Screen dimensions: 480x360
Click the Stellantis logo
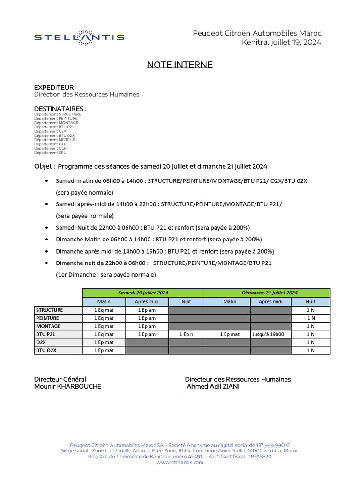coord(79,37)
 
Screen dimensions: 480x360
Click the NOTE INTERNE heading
coord(180,65)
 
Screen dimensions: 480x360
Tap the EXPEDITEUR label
coord(54,88)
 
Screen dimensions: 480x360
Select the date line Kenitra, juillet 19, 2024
coord(282,42)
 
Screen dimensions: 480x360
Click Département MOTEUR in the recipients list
coord(54,140)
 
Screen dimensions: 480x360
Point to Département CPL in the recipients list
coord(50,153)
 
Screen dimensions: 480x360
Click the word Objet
coord(45,166)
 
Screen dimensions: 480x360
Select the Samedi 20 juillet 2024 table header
coord(143,292)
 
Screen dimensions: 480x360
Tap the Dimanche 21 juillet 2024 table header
coord(269,292)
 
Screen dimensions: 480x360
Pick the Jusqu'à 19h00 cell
coord(270,334)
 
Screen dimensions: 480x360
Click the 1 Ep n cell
coord(186,334)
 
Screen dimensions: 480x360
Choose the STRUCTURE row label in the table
coord(50,310)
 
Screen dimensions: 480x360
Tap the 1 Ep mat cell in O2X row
coord(104,342)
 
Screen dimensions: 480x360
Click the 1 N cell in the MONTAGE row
coord(310,326)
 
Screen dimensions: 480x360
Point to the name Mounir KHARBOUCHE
coord(67,387)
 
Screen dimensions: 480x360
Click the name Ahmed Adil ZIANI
coord(213,387)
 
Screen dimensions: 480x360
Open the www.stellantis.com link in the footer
coord(180,462)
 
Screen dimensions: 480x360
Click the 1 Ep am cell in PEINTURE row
coord(147,318)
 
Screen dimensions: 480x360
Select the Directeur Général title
coord(60,379)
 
